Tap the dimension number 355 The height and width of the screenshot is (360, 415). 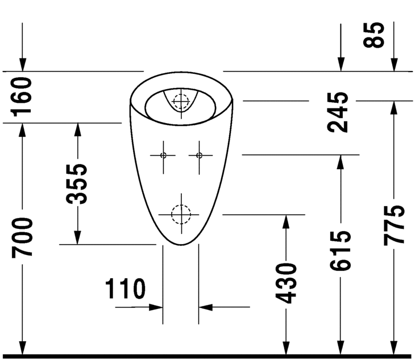click(x=77, y=184)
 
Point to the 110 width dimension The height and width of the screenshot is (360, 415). click(x=125, y=289)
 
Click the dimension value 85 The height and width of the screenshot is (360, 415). click(x=376, y=35)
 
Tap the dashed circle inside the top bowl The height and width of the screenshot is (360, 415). click(x=181, y=101)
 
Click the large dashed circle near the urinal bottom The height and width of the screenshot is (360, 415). click(x=181, y=214)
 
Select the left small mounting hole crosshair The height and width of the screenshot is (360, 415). click(x=163, y=155)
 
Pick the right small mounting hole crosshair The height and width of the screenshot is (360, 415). click(x=199, y=155)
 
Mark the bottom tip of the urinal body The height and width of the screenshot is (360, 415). click(x=181, y=245)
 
